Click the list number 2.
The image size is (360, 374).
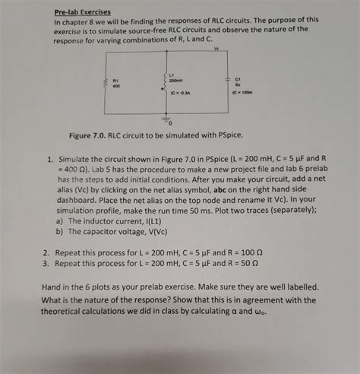46,252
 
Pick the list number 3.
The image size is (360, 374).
46,263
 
